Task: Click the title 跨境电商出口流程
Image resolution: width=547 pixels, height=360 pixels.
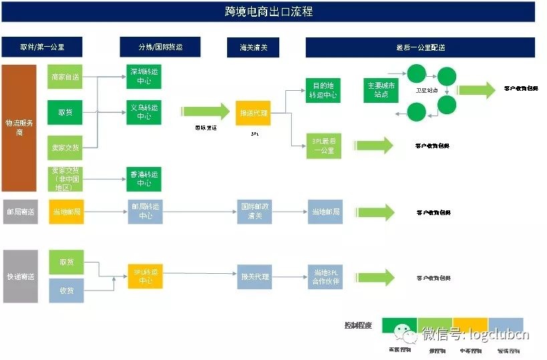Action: coord(268,11)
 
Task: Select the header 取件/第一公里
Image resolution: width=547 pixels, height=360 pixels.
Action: coord(42,47)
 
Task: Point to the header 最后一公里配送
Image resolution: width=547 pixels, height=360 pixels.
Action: coord(420,47)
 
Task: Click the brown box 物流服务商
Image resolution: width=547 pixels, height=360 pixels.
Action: coord(19,128)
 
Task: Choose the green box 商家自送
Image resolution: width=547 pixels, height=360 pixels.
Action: coord(65,77)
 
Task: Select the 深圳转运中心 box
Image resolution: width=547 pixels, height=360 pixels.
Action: coord(144,77)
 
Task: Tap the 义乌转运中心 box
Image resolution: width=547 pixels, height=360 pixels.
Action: coord(144,112)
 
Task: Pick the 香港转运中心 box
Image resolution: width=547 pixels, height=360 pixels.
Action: coord(144,179)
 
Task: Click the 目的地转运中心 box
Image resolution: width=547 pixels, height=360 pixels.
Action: coord(323,90)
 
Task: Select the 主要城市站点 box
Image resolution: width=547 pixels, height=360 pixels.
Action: coord(381,90)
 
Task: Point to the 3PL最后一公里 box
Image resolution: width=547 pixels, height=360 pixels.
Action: coord(323,146)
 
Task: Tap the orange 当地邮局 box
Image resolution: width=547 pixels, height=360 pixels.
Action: coord(66,212)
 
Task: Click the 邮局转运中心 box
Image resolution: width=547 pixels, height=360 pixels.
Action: coord(145,212)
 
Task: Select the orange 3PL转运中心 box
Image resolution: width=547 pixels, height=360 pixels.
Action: coord(145,277)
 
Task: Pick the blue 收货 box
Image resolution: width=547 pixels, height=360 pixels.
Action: coord(66,291)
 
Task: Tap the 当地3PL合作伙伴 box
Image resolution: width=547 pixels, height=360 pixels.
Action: coord(325,277)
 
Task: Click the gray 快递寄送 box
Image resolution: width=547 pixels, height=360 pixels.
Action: coord(20,277)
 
